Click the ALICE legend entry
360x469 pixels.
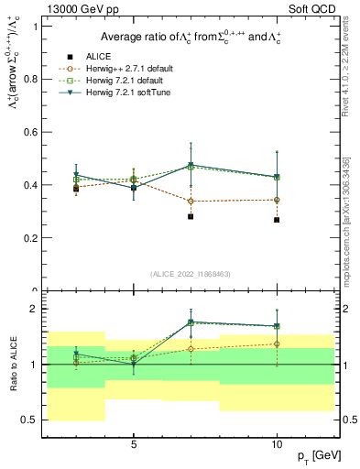tap(98, 55)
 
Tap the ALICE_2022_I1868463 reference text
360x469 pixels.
tap(190, 274)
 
